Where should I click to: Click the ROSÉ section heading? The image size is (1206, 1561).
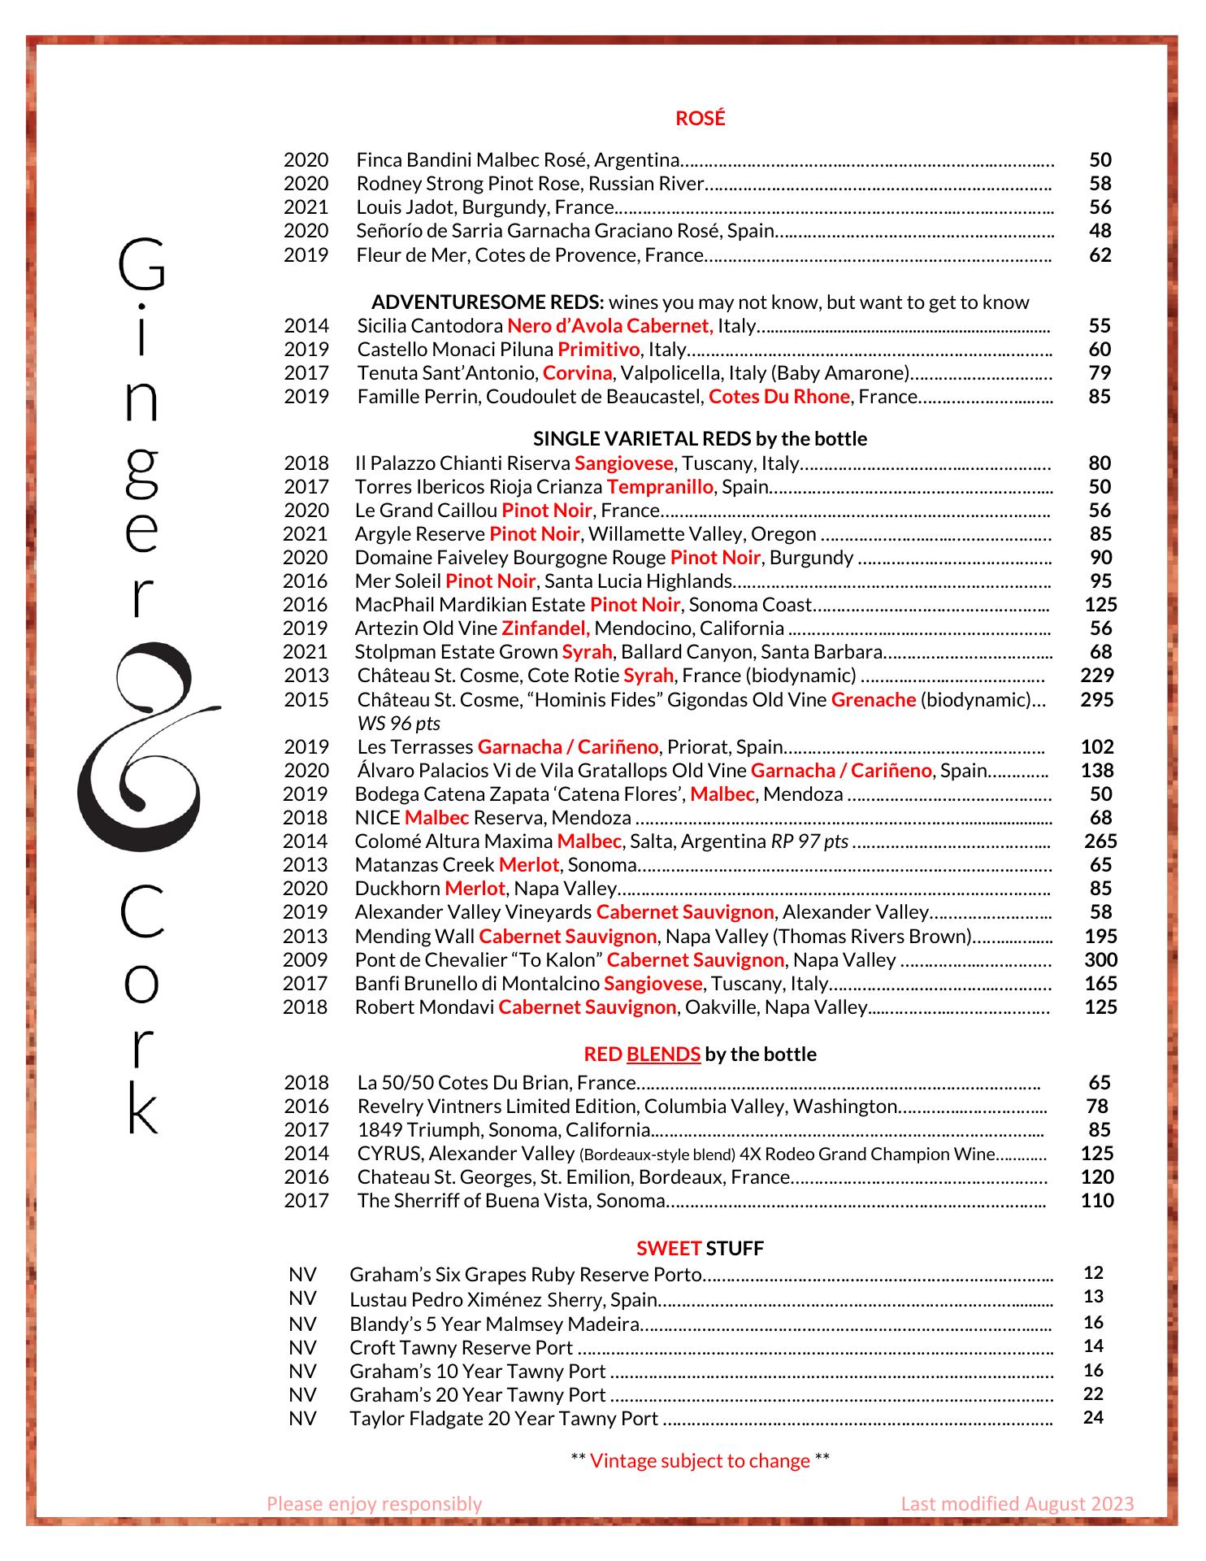point(700,119)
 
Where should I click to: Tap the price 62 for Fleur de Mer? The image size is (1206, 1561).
point(1100,255)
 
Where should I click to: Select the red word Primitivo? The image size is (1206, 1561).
point(599,350)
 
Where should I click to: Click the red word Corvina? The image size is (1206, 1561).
point(577,373)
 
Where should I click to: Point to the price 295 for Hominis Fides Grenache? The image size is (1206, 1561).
point(1096,699)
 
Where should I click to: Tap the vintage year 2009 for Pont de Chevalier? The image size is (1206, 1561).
point(306,960)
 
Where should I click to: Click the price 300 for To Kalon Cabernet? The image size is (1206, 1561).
point(1100,960)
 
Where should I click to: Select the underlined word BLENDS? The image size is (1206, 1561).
point(663,1054)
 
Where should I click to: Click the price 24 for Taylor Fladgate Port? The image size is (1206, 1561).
point(1093,1418)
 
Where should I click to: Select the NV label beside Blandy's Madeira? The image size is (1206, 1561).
point(302,1324)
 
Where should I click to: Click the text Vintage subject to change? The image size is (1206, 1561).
point(700,1461)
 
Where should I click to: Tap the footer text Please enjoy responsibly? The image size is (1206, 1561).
point(374,1504)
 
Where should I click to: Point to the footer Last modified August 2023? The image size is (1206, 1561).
point(1017,1504)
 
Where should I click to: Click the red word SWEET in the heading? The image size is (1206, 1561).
point(669,1248)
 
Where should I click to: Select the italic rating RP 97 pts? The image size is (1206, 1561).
point(809,841)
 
